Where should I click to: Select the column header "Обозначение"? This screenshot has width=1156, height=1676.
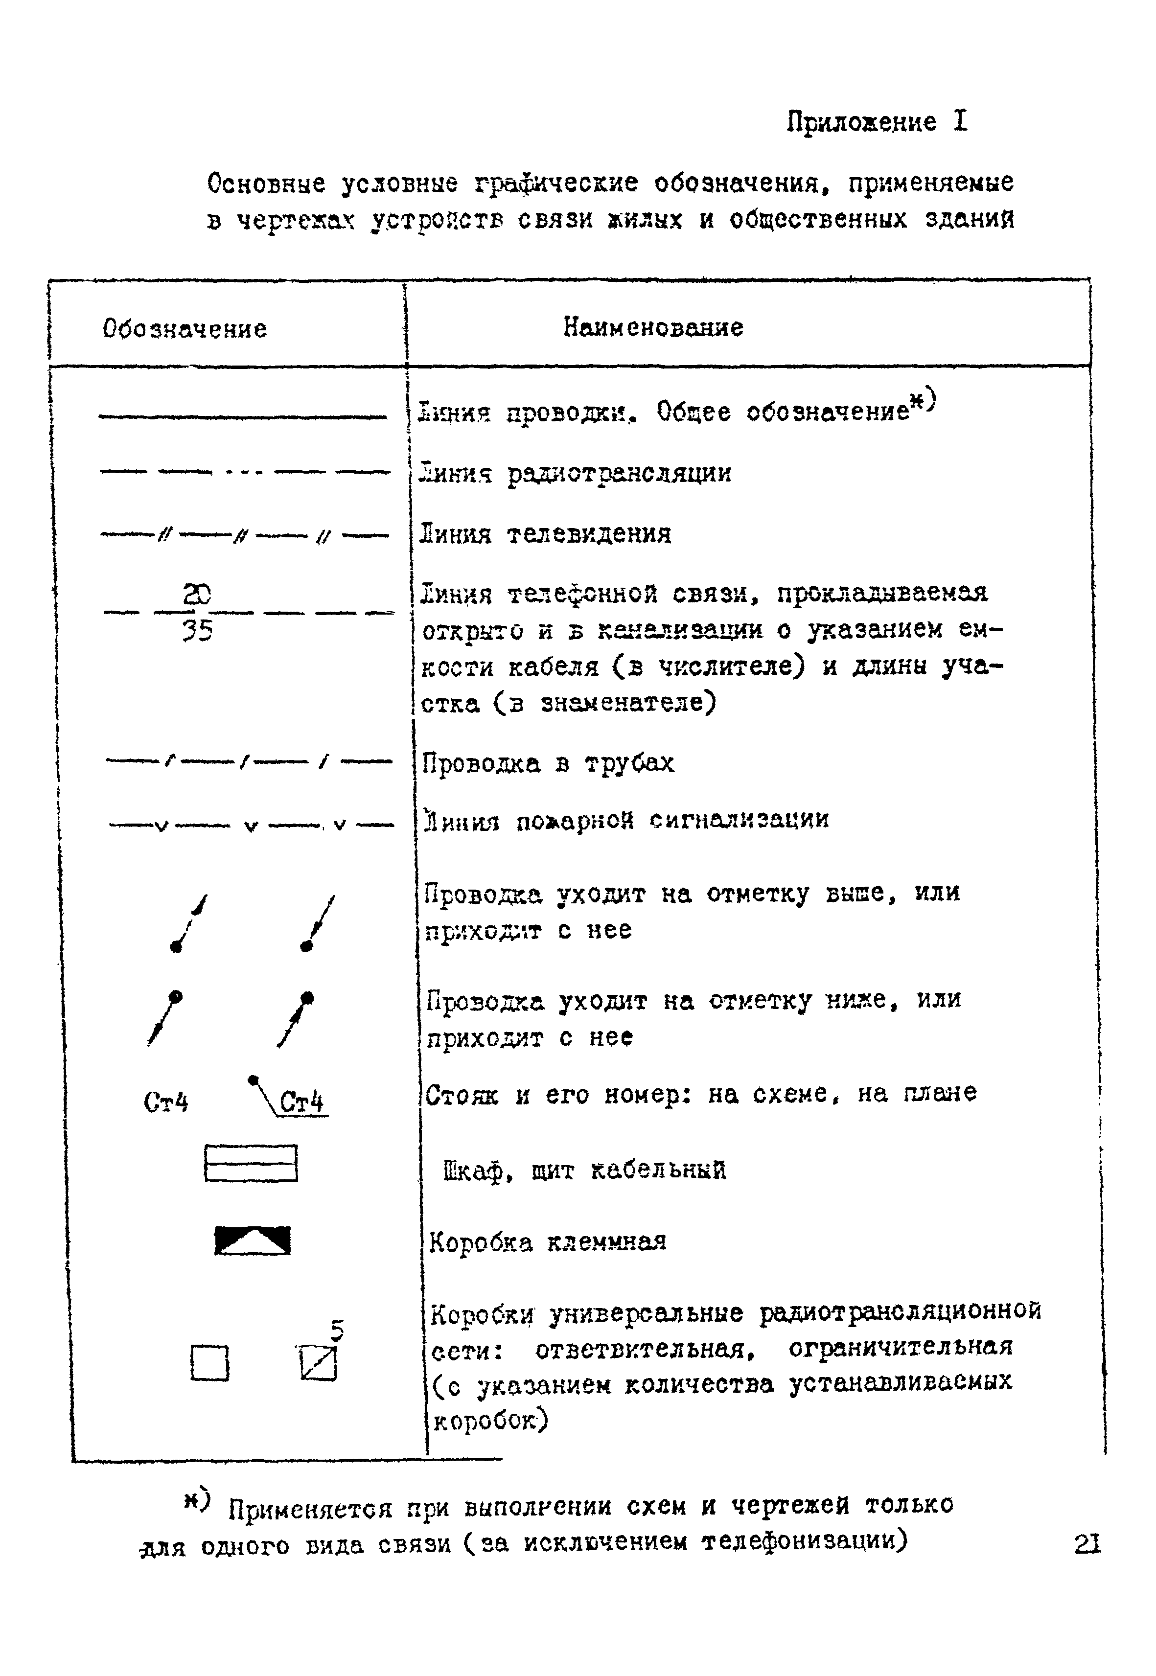(185, 329)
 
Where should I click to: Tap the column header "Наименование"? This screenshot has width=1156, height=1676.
(653, 327)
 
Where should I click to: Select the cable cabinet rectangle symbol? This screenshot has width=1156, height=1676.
(251, 1163)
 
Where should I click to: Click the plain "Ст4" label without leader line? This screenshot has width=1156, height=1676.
(166, 1102)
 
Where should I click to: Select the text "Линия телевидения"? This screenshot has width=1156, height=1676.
(545, 534)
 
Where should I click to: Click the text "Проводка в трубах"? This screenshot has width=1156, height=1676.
(548, 763)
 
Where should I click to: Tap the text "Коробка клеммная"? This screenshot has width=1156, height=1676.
(548, 1242)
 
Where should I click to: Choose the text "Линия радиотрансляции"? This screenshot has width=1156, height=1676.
(576, 474)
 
